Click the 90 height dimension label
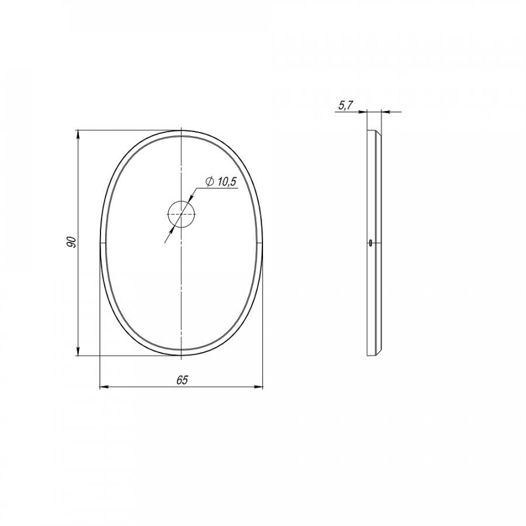tap(71, 242)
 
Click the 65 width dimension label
tap(182, 380)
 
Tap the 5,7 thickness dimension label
tap(345, 105)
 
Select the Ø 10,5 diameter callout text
tap(221, 182)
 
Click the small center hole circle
tap(181, 214)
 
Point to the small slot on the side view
tap(370, 243)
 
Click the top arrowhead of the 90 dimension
tap(78, 135)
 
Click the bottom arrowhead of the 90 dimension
tap(78, 351)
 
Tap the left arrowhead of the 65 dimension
tap(105, 387)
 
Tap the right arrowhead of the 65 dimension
tap(258, 387)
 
